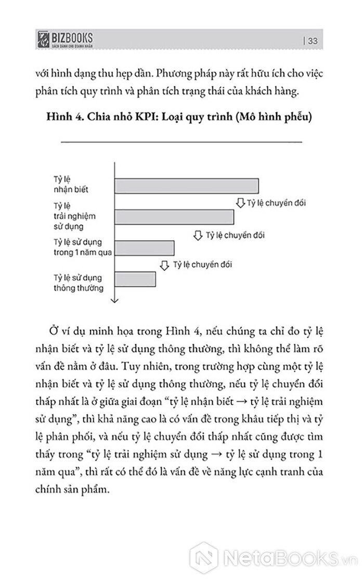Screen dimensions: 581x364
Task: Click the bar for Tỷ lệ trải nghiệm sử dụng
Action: [x=174, y=217]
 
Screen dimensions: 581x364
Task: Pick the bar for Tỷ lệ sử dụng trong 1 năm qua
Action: [x=144, y=248]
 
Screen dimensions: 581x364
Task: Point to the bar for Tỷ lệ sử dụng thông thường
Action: [x=135, y=279]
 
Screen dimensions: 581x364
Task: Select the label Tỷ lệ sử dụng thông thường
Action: [x=78, y=282]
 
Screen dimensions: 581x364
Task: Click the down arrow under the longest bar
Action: [x=241, y=202]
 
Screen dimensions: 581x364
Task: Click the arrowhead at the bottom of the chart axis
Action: [x=114, y=299]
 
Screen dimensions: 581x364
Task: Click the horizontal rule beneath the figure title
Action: [x=181, y=140]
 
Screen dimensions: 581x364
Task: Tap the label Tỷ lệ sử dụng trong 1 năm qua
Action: [x=84, y=248]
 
